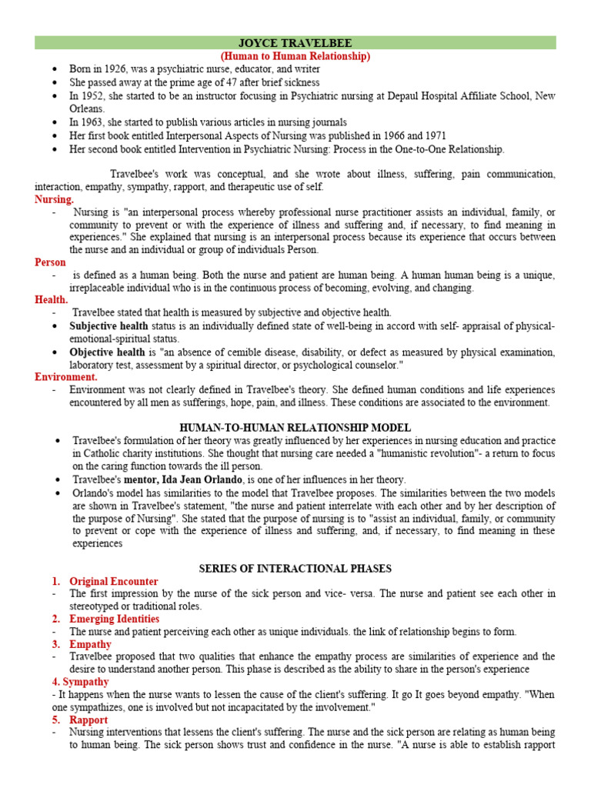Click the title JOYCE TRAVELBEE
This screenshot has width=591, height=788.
(x=295, y=43)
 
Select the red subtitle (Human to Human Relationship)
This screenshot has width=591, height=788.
(x=295, y=56)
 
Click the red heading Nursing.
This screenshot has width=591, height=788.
(x=55, y=199)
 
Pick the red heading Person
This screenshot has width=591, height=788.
(x=51, y=262)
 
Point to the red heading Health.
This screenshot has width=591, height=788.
(x=52, y=299)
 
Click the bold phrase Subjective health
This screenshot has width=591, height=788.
(x=109, y=326)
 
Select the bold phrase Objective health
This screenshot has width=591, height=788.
(x=107, y=352)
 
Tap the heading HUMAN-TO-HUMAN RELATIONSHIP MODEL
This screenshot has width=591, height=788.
(x=295, y=427)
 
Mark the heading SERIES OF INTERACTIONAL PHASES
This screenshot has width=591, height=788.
(x=295, y=569)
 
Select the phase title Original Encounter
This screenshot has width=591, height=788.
(x=114, y=582)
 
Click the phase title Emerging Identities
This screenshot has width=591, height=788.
(x=115, y=619)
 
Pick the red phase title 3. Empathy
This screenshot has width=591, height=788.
(x=90, y=644)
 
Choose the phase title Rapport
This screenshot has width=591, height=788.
(x=88, y=720)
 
